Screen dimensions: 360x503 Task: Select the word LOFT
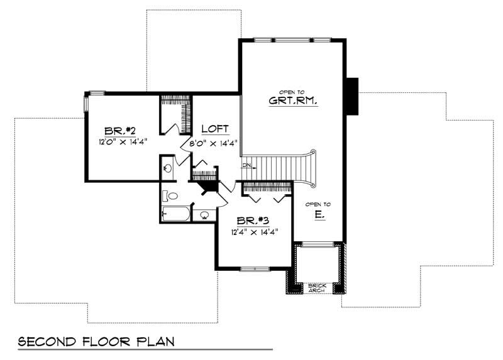click(215, 129)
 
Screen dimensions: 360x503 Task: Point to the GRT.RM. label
click(293, 101)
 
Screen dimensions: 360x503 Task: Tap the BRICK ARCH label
click(316, 288)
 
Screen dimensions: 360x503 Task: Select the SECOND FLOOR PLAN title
click(96, 342)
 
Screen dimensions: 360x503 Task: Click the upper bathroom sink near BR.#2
click(167, 168)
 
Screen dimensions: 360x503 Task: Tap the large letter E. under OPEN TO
click(319, 215)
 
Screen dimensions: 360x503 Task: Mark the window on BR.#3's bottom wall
click(254, 269)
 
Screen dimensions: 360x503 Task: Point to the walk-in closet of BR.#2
click(175, 116)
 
